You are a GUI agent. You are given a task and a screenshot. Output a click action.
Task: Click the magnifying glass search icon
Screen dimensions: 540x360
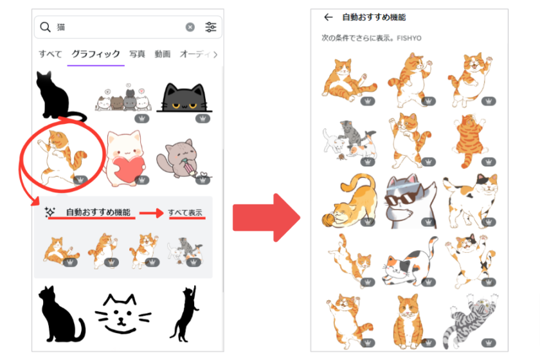click(45, 27)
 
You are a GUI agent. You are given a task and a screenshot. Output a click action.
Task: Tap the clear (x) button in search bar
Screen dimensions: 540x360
click(190, 27)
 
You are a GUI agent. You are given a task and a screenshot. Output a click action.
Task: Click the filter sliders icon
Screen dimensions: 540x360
click(211, 27)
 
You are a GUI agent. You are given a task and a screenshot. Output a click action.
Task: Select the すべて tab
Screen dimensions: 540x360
click(50, 54)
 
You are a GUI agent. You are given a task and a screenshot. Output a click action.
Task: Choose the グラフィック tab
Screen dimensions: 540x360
click(96, 54)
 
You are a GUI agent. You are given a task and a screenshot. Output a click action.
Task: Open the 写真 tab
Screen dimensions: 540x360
click(137, 54)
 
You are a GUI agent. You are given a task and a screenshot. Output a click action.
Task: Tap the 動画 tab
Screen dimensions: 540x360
click(162, 54)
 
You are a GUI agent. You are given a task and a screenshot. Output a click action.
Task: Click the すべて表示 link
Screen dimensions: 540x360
click(185, 213)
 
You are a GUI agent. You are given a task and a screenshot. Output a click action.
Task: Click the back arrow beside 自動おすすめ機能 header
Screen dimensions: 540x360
click(328, 17)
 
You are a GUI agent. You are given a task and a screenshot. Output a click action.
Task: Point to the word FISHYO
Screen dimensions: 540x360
click(409, 38)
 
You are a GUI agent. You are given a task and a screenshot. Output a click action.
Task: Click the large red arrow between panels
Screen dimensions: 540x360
click(266, 217)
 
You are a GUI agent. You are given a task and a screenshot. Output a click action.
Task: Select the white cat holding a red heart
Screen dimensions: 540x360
click(125, 158)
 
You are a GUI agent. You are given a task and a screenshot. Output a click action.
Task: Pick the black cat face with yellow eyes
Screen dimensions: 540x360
click(184, 98)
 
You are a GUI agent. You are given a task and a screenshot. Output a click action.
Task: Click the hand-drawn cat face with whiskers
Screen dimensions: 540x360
click(122, 314)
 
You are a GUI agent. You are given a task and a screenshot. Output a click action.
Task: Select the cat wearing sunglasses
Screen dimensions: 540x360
click(410, 201)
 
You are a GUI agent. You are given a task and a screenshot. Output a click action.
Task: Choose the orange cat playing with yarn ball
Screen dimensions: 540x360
click(348, 201)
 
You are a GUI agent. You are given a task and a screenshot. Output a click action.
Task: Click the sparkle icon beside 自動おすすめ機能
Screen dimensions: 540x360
click(50, 212)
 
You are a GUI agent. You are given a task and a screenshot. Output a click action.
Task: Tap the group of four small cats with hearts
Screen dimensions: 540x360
click(123, 99)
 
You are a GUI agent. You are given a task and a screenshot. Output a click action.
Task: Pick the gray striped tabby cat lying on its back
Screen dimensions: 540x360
click(470, 320)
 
